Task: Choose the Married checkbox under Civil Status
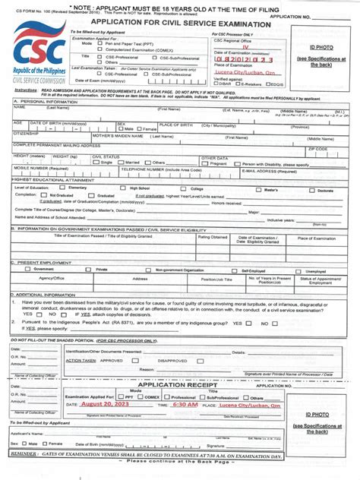point(122,163)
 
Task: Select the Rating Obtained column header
point(213,237)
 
